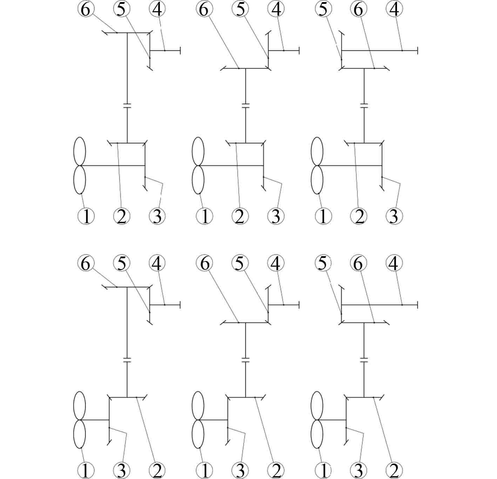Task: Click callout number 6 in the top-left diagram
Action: pos(85,9)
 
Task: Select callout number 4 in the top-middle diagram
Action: pos(276,9)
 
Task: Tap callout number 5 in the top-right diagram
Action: pos(323,9)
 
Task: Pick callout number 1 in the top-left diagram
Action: pos(86,216)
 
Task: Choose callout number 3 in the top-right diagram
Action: pos(394,216)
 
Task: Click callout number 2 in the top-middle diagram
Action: pos(240,216)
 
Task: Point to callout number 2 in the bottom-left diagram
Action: pos(157,471)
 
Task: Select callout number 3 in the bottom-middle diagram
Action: pos(240,471)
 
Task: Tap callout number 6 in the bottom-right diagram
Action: pos(358,263)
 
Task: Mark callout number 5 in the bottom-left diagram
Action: pos(121,263)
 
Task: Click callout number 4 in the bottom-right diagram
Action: pos(394,263)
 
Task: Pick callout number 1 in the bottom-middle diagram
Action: pos(205,471)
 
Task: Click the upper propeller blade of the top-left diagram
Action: pos(80,151)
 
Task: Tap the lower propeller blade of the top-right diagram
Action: pos(317,179)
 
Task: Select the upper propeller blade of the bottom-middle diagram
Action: pos(198,405)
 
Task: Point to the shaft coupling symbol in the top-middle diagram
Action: pos(246,105)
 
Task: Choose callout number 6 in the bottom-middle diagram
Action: pos(205,263)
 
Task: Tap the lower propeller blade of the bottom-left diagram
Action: pos(80,434)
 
